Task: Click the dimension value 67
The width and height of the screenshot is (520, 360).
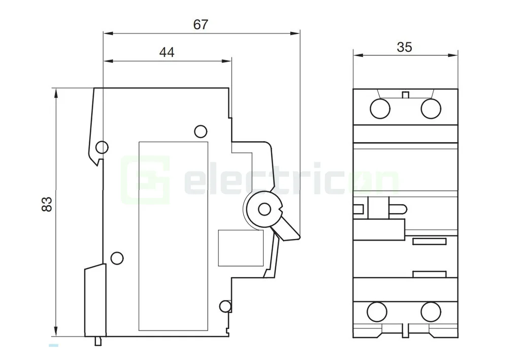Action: click(201, 24)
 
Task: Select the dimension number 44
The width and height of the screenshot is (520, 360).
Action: click(167, 52)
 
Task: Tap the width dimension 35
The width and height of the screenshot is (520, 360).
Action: click(404, 47)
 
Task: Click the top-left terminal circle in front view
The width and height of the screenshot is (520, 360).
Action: click(379, 109)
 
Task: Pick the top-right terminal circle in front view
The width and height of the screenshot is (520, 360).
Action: click(431, 109)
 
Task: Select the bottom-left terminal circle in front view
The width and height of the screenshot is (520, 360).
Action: click(377, 311)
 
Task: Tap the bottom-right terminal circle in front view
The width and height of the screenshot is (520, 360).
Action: click(431, 311)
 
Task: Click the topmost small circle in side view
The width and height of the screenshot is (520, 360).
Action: click(201, 132)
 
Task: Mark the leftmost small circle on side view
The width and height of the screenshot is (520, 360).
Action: click(102, 147)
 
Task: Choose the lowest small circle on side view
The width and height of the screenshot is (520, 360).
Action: click(225, 306)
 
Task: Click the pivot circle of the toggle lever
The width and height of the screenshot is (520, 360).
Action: click(264, 209)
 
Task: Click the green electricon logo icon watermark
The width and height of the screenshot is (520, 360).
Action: click(145, 180)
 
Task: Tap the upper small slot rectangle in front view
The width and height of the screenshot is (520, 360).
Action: click(429, 241)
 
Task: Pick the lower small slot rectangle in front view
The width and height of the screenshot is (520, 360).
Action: click(429, 274)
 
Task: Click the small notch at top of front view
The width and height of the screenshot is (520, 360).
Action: click(405, 94)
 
